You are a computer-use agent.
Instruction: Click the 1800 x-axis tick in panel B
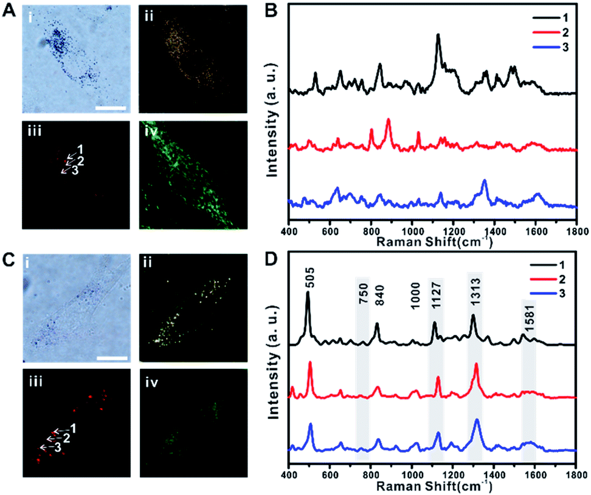click(576, 232)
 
